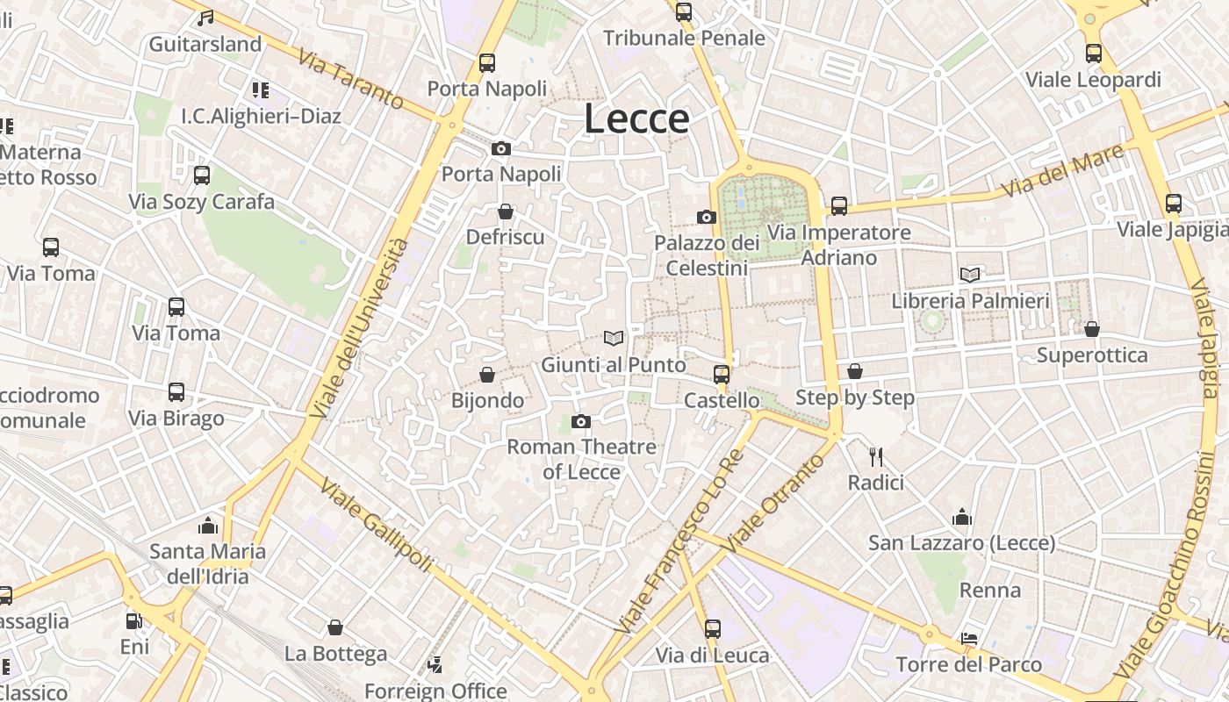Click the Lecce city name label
tap(636, 119)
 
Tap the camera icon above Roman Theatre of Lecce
tap(580, 422)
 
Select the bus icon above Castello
tap(722, 375)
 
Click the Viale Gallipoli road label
tap(376, 525)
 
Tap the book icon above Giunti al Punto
tap(614, 338)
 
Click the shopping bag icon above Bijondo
tap(487, 376)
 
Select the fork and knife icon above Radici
tap(875, 456)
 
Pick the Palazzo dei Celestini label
tap(707, 254)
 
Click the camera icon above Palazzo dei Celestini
tap(707, 217)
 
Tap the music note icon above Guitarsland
tap(205, 18)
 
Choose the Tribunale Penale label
tap(684, 39)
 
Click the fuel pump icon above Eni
tap(134, 621)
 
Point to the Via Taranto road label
tap(350, 79)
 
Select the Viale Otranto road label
tap(784, 497)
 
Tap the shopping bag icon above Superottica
tap(1092, 329)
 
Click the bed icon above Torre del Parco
tap(969, 638)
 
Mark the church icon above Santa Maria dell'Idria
tap(208, 526)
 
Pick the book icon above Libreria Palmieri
tap(970, 275)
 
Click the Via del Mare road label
tap(1063, 171)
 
